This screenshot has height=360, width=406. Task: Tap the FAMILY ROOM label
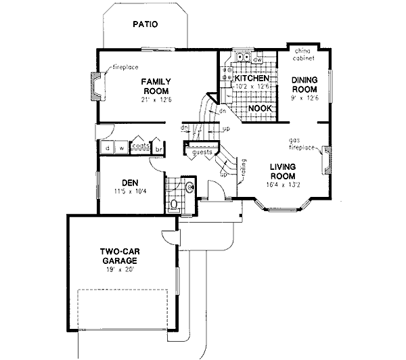(155, 86)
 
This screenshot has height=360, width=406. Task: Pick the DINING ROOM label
(304, 84)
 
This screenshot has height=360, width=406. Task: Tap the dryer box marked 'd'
(107, 147)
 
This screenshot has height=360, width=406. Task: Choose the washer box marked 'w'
(120, 147)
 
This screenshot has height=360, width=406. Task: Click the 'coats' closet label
(140, 145)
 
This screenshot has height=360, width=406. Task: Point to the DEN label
(130, 182)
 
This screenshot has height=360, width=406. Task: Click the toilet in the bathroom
(173, 203)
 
